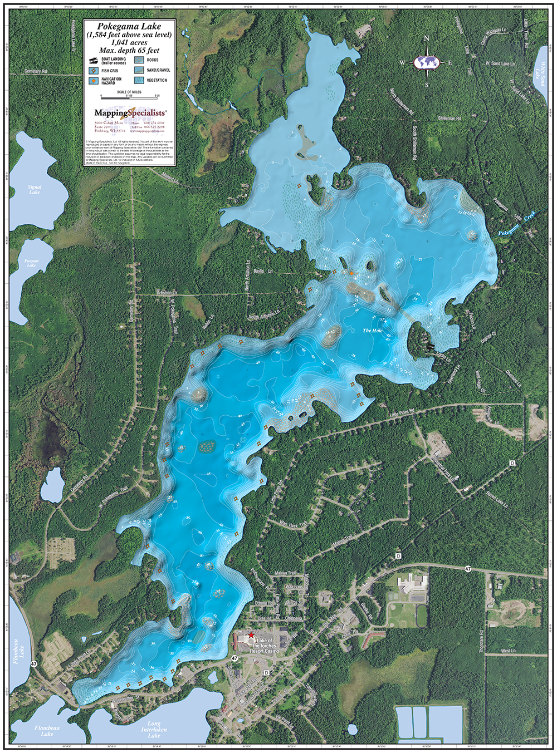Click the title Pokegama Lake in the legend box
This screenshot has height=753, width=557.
pos(129,26)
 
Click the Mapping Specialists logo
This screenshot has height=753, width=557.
pos(130,113)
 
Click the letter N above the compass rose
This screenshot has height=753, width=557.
pos(427,39)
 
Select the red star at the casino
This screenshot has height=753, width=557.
pos(251,634)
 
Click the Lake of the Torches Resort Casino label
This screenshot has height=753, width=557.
pos(264,646)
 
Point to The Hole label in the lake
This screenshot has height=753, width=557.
pos(373,331)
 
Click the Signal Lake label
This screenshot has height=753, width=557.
pos(35,189)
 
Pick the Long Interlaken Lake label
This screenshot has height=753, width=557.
pos(154,730)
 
